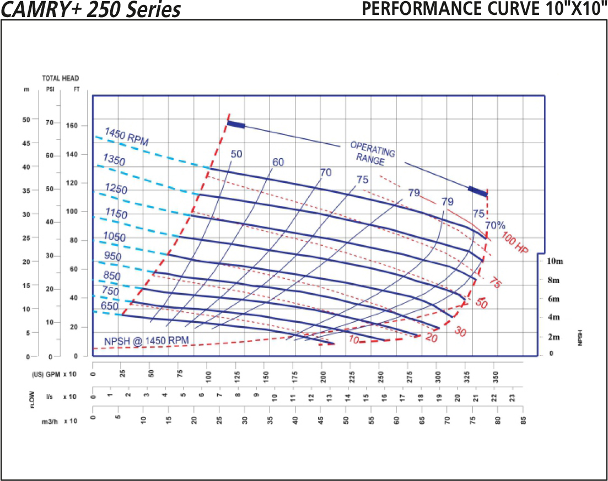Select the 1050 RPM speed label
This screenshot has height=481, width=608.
[x=115, y=237]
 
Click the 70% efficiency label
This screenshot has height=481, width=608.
[x=495, y=225]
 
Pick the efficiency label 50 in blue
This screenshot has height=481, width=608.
[x=236, y=154]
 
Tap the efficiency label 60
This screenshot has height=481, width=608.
[x=278, y=162]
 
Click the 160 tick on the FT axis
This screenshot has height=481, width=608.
[x=72, y=126]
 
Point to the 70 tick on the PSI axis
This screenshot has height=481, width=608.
[x=49, y=123]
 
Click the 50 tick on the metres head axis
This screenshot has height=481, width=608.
[x=26, y=119]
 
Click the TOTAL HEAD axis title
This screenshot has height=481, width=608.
[x=61, y=78]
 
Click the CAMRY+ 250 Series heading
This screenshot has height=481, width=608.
[x=92, y=9]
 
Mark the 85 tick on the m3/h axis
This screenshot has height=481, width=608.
[x=524, y=420]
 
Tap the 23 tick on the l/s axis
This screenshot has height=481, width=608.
[x=512, y=396]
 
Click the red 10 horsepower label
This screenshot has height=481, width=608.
[x=354, y=341]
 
